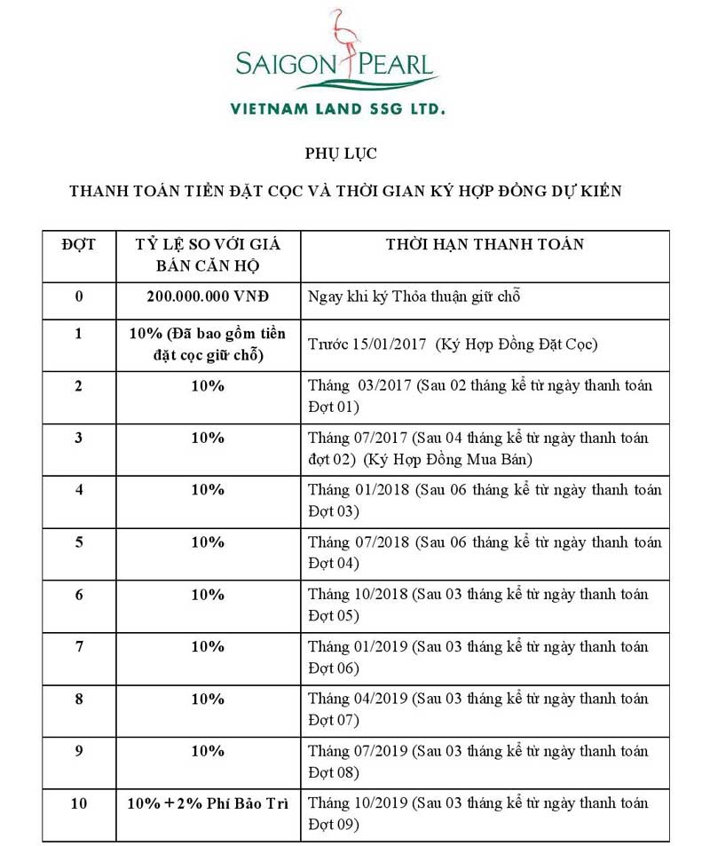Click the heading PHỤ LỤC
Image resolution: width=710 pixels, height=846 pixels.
click(341, 154)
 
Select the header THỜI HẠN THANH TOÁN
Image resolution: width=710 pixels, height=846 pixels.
click(485, 244)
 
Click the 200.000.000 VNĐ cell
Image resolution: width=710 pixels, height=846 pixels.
click(208, 296)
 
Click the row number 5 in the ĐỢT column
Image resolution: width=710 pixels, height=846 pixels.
click(79, 542)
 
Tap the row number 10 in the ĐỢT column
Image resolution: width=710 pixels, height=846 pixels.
click(79, 803)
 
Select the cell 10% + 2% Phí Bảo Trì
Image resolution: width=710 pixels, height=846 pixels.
click(208, 803)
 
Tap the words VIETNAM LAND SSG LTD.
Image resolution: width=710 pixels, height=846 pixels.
click(337, 109)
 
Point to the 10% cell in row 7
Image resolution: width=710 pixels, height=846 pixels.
click(208, 646)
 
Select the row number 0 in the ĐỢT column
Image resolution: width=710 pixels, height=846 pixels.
click(79, 296)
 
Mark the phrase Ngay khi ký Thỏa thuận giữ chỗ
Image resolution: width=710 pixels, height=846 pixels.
click(414, 296)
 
